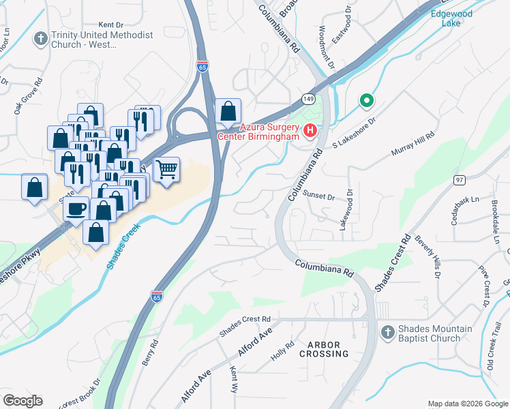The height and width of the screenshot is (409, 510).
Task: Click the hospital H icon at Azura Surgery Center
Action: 310,130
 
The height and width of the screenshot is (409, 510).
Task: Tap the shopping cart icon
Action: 166,168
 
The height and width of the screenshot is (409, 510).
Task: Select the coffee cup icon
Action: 76,208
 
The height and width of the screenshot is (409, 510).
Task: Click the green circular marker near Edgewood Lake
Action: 366,102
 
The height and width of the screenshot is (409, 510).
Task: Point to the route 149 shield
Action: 309,100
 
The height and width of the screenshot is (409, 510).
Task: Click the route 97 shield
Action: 460,179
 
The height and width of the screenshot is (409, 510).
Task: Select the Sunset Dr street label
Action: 319,196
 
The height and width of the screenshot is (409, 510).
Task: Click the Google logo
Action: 22,401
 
